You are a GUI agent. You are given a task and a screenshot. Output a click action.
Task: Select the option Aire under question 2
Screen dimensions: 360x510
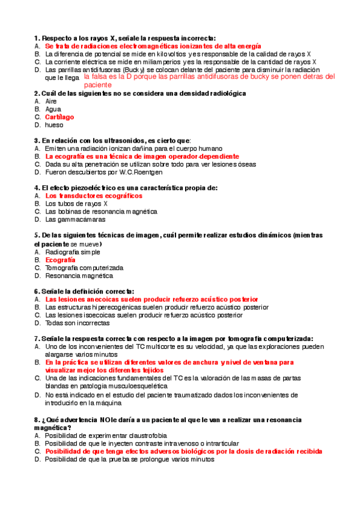point(51,102)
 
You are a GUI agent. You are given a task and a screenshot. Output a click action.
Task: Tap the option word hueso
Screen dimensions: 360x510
point(53,125)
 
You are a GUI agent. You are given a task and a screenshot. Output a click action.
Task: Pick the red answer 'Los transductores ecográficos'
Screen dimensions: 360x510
point(94,196)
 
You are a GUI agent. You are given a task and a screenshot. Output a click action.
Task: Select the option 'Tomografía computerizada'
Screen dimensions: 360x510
point(84,268)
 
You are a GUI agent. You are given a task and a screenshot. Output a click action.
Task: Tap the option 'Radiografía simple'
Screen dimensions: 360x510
point(73,252)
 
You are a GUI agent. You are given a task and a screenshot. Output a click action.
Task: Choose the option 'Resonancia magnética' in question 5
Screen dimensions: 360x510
point(79,275)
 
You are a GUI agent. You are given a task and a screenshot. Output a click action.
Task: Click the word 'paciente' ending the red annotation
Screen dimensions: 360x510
point(98,85)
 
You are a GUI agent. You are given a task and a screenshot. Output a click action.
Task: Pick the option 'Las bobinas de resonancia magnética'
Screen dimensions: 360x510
point(101,212)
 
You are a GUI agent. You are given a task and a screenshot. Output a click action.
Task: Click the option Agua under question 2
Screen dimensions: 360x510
point(53,109)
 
